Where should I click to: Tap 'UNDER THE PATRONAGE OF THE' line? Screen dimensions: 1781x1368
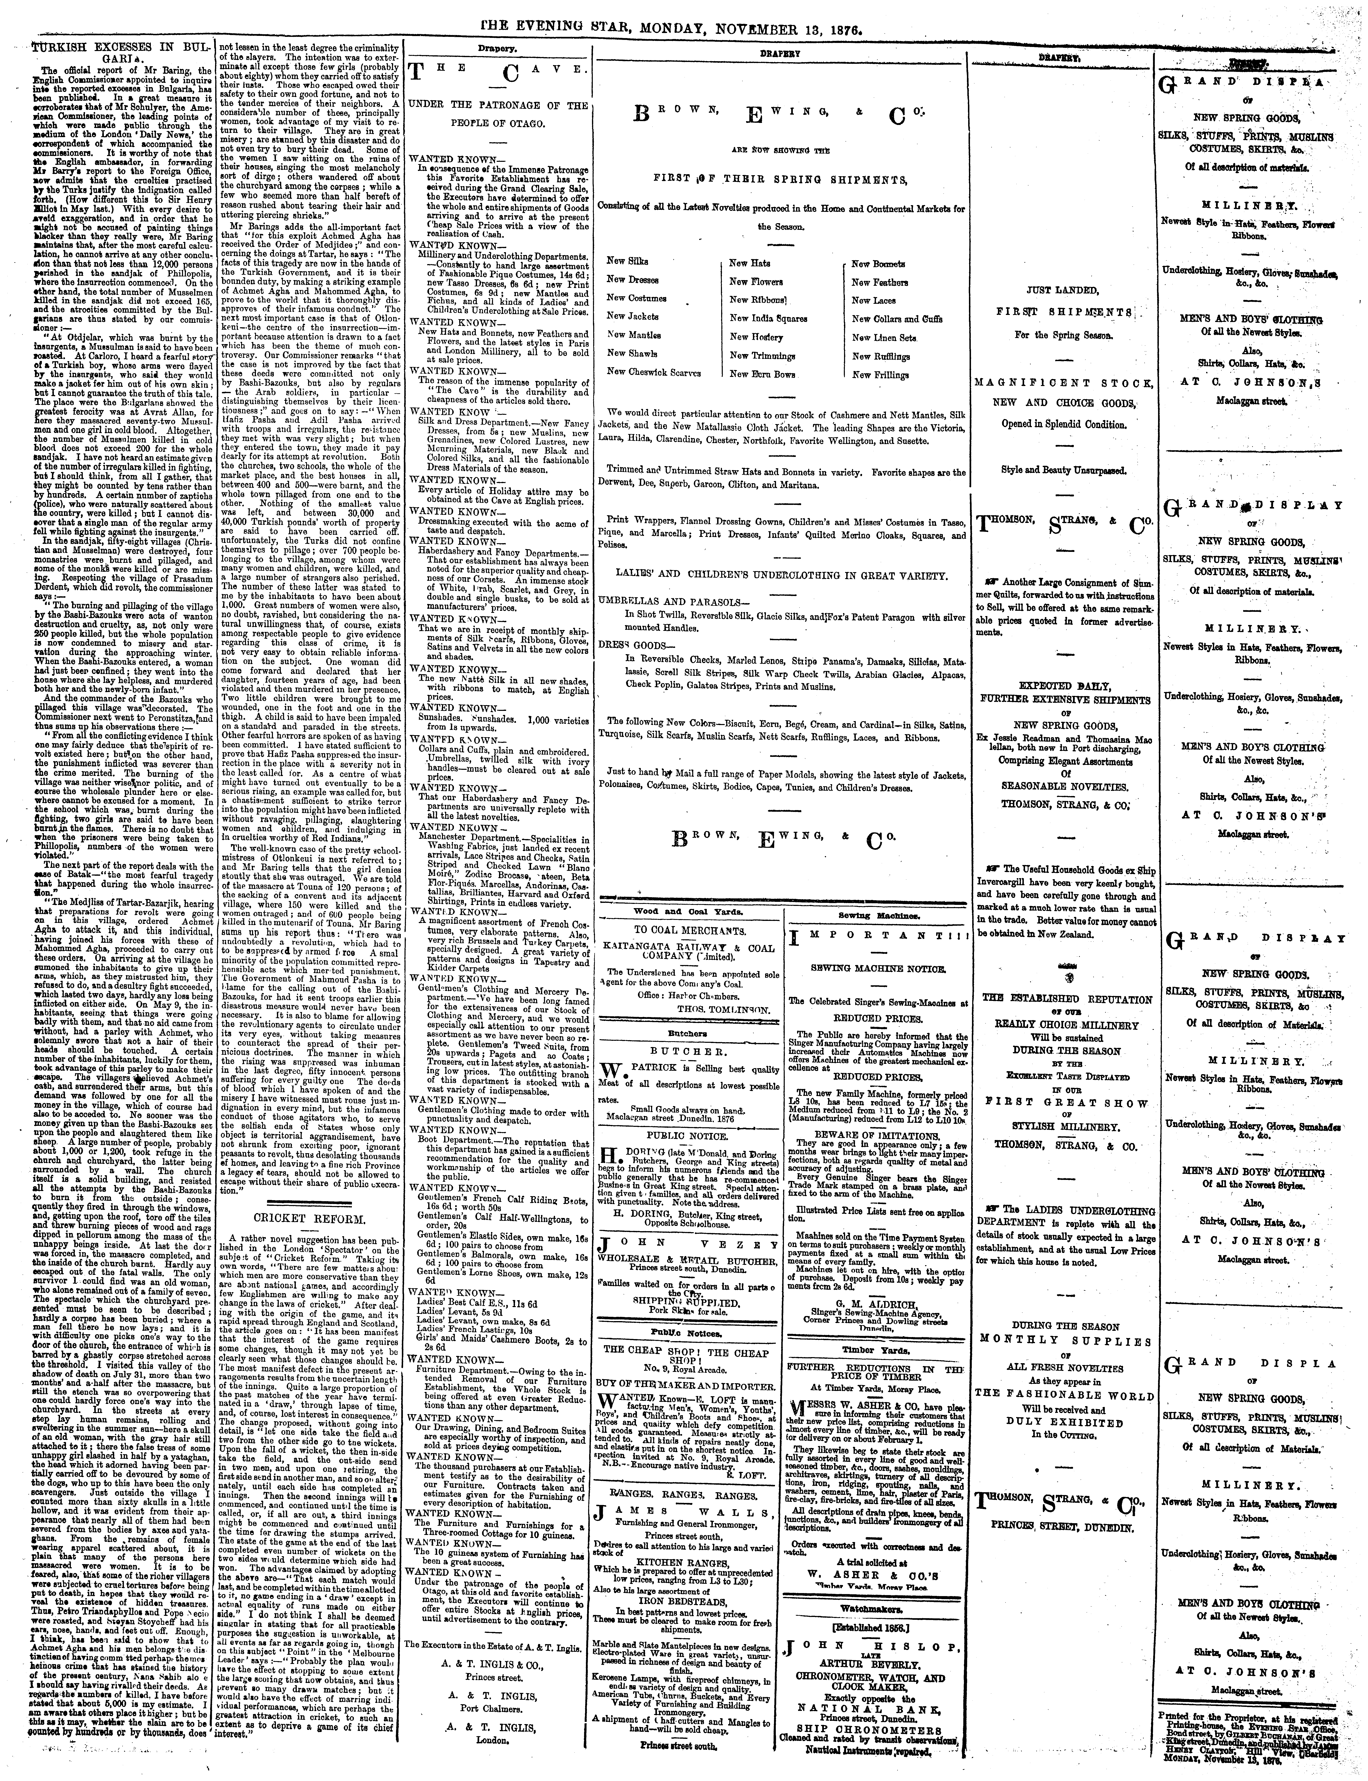coord(497,106)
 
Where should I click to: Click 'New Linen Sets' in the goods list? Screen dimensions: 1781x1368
coord(884,337)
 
